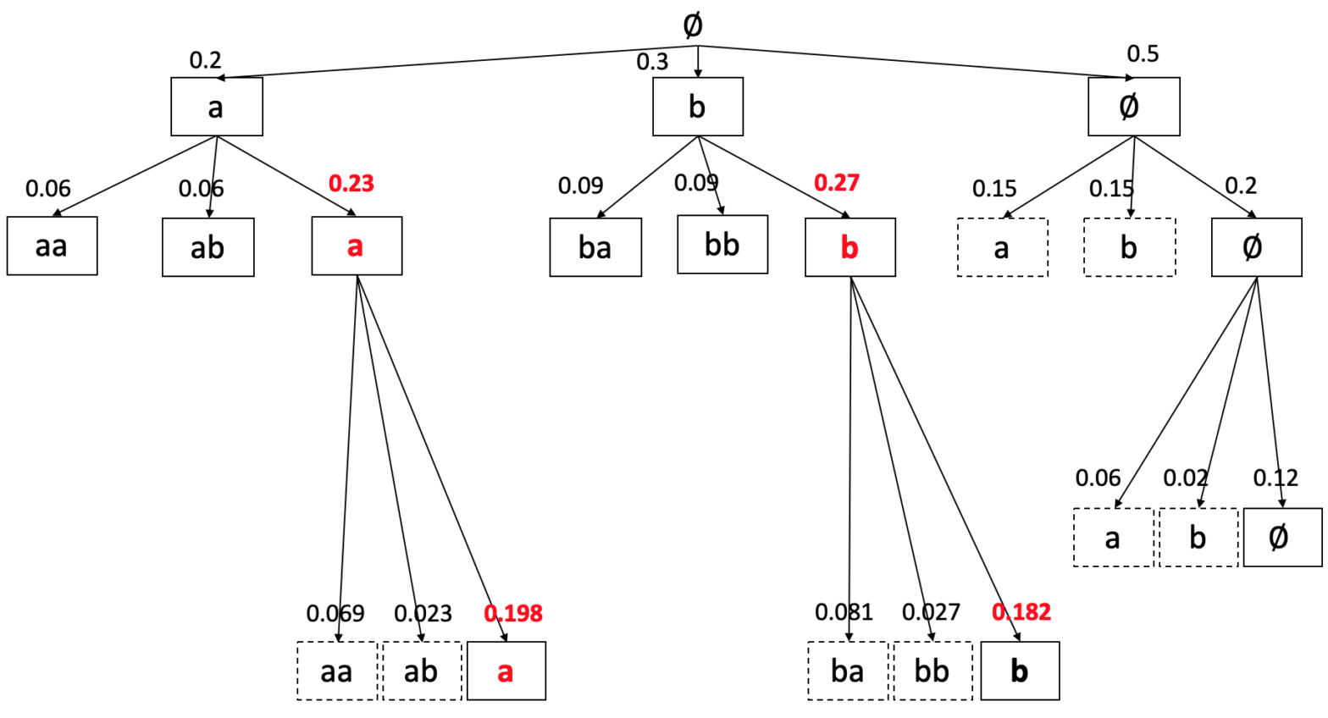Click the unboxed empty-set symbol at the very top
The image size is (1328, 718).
(x=692, y=25)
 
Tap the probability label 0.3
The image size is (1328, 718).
(x=652, y=62)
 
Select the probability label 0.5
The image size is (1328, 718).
(x=1143, y=54)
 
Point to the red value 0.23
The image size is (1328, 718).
(x=351, y=184)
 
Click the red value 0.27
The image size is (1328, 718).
(x=837, y=183)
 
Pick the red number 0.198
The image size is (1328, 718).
(x=513, y=613)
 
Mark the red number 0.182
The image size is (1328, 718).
(x=1021, y=612)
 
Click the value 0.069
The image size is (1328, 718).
(x=335, y=613)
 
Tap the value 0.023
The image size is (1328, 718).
(x=423, y=613)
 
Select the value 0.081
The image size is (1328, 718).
(x=844, y=612)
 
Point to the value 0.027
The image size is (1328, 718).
(x=931, y=612)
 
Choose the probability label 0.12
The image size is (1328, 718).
(x=1275, y=478)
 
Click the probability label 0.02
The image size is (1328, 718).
(x=1185, y=478)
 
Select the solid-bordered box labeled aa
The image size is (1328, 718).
(x=52, y=246)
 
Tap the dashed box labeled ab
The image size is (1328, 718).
(x=422, y=671)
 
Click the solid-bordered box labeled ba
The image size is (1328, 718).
(x=595, y=247)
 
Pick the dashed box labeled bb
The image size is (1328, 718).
(x=932, y=671)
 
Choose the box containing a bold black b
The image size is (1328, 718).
(x=1020, y=671)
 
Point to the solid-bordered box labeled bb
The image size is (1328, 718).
(x=722, y=245)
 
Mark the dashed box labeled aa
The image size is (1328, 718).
(x=337, y=671)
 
